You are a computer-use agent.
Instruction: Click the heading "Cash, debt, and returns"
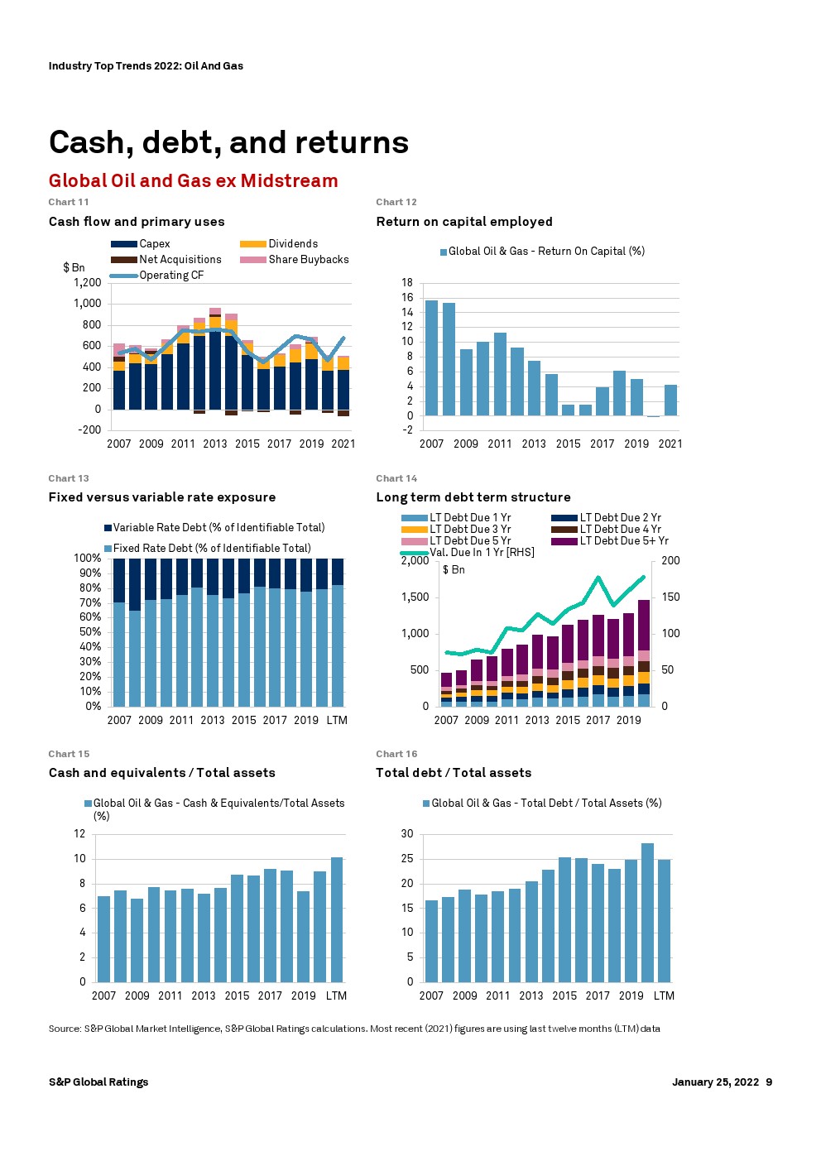(228, 142)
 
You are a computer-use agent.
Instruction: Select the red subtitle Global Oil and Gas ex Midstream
(193, 180)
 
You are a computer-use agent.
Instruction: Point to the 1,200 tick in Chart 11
(87, 283)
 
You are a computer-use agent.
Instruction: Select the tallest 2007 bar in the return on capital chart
(431, 357)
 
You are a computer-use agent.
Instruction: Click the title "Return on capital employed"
(463, 222)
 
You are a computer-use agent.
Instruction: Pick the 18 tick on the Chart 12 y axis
(407, 283)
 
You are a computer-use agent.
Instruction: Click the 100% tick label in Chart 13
(88, 559)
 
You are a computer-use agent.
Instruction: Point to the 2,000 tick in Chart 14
(415, 561)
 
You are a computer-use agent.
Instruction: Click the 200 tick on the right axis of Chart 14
(670, 561)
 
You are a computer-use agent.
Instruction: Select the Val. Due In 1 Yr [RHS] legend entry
(481, 553)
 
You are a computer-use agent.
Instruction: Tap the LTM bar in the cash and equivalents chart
(337, 919)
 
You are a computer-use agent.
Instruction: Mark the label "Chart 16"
(396, 754)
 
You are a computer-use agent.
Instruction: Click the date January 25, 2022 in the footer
(715, 1082)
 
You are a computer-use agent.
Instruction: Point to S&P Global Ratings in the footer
(98, 1082)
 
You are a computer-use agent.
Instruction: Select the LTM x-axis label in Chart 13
(337, 721)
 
